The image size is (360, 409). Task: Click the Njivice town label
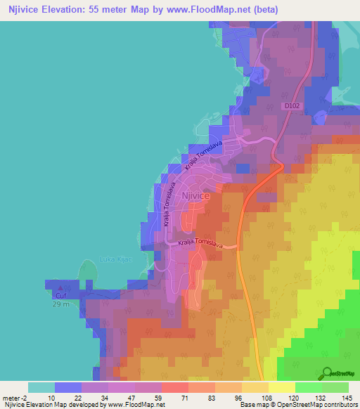point(196,196)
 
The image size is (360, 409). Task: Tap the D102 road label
point(292,106)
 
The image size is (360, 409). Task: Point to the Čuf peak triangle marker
point(60,287)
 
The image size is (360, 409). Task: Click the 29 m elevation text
point(61,304)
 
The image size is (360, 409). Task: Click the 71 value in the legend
point(174,397)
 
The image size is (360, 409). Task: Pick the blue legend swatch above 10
point(67,387)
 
